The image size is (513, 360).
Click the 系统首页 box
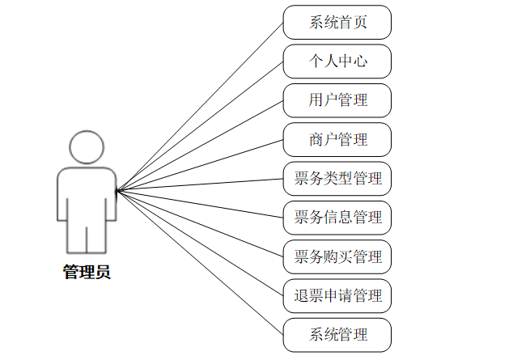[x=337, y=22]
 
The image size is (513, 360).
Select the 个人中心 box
[x=337, y=61]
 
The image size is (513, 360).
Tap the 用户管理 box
[x=337, y=100]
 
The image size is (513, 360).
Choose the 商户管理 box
[x=337, y=139]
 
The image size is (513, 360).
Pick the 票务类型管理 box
[x=337, y=178]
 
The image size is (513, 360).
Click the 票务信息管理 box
[x=337, y=217]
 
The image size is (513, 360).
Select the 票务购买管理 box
[x=337, y=256]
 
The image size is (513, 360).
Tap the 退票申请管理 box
[x=337, y=295]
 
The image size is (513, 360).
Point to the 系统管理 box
[x=337, y=334]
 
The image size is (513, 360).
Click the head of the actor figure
[x=87, y=147]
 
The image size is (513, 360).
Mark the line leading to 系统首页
[x=200, y=106]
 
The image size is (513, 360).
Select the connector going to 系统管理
[x=200, y=263]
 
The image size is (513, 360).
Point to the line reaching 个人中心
[x=200, y=125]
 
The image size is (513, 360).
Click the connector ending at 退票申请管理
[x=200, y=244]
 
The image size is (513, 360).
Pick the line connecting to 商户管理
[x=200, y=165]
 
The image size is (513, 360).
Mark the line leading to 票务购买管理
[x=200, y=224]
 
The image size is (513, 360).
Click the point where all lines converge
[x=117, y=191]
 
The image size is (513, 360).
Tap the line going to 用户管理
[x=200, y=146]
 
